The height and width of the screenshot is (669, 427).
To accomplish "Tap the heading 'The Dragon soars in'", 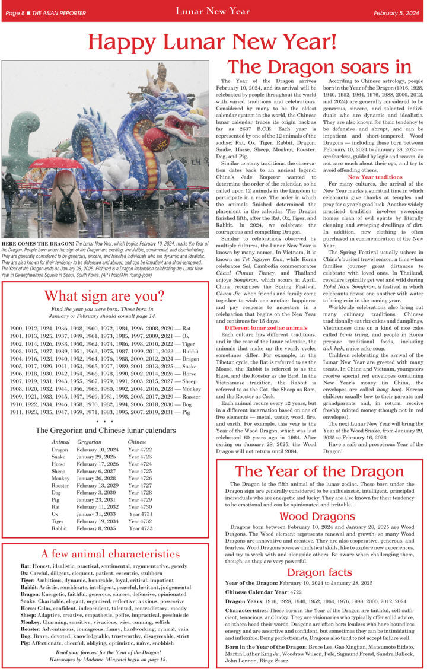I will point(320,66).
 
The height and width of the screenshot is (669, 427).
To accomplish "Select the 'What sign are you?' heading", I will point(104,295).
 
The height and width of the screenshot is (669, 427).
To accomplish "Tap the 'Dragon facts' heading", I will point(317,572).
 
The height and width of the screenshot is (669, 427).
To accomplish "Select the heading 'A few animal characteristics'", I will point(110,555).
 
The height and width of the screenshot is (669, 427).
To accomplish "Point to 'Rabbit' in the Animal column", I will point(59,528).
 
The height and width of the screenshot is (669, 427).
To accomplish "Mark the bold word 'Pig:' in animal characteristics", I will point(26,642).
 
